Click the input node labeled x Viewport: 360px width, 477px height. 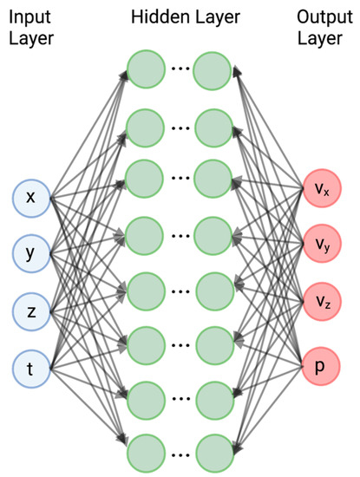31,198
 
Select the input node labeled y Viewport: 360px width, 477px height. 31,254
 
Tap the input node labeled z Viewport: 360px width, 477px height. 31,310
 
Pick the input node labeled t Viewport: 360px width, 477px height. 31,368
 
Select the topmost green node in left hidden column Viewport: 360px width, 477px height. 147,70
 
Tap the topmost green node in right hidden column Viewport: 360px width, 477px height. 213,70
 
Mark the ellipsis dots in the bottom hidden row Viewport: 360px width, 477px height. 180,454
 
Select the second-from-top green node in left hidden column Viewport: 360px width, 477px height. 147,127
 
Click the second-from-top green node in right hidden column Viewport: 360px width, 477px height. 213,127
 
